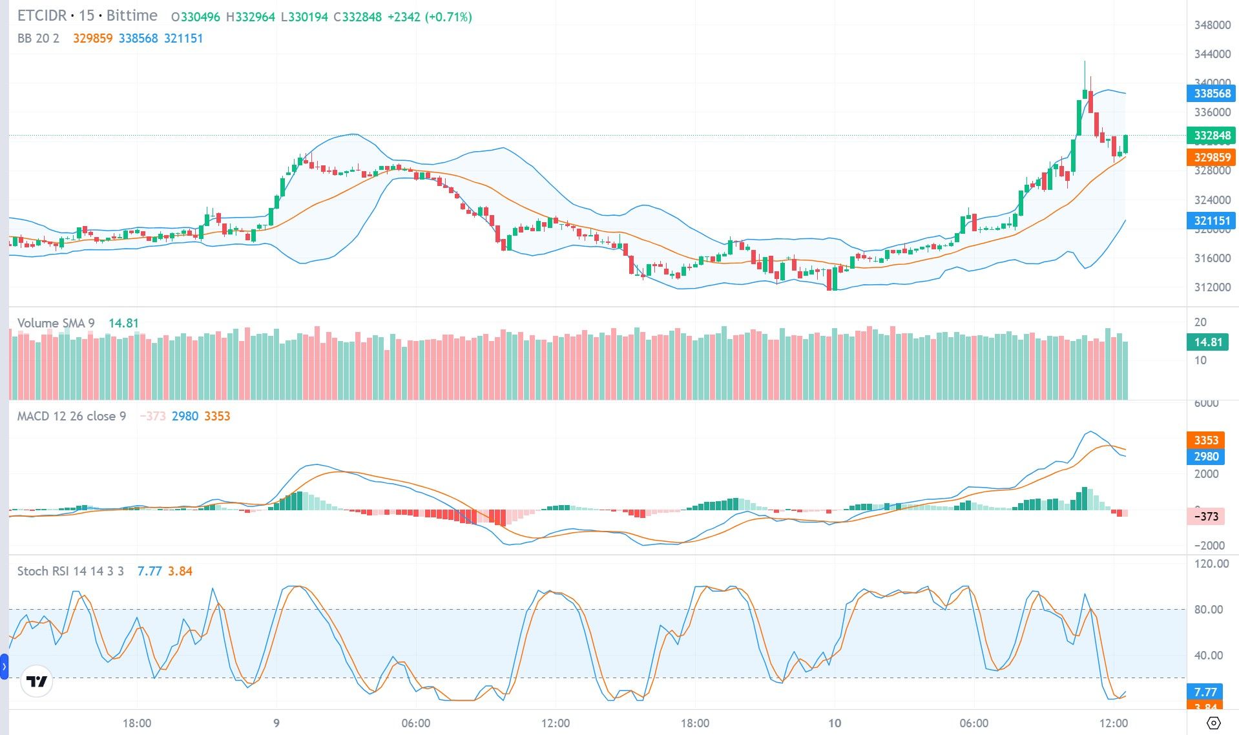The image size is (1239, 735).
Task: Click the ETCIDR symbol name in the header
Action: click(42, 16)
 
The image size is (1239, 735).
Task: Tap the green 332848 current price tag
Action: click(1211, 135)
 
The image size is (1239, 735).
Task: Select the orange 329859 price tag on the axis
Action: click(1211, 157)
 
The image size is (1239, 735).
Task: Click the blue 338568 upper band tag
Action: click(1211, 93)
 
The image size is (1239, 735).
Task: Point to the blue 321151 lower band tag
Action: click(1211, 220)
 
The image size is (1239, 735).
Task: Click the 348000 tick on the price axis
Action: click(1212, 25)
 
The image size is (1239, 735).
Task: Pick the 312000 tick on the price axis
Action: click(1212, 287)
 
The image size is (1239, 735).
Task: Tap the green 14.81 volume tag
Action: click(1207, 342)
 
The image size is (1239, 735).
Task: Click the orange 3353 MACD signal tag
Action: click(1205, 440)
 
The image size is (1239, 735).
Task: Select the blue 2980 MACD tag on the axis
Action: click(1205, 456)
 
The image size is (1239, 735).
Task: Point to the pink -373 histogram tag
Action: click(1205, 516)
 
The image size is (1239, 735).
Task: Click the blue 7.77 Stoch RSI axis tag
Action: click(1205, 692)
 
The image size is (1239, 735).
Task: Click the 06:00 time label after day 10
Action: click(974, 723)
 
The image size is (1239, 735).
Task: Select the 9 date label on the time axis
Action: click(276, 723)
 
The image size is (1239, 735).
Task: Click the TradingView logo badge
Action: click(36, 681)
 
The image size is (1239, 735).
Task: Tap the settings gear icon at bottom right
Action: click(1213, 723)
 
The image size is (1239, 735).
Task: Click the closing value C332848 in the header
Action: click(357, 17)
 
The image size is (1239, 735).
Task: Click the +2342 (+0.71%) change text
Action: click(430, 17)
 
